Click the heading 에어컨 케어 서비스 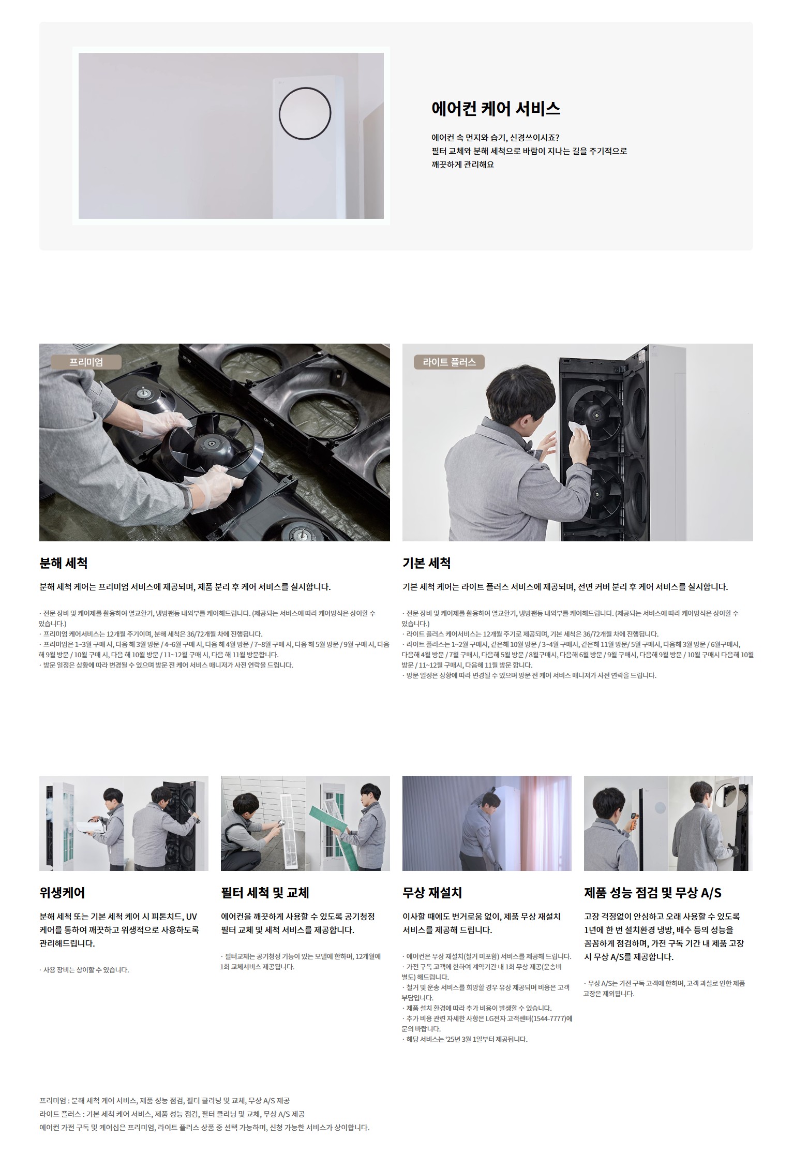[496, 109]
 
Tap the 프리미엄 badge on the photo [86, 362]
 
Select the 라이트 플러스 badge [449, 362]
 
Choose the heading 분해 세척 [63, 563]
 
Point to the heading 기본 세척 [426, 563]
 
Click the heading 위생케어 [62, 893]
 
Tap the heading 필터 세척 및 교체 [265, 893]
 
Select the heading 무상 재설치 [432, 893]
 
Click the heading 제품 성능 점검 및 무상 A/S [652, 893]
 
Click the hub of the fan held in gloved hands [211, 443]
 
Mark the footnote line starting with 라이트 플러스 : [172, 1114]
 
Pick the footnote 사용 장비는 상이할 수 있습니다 [84, 970]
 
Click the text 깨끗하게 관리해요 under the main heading [462, 165]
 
